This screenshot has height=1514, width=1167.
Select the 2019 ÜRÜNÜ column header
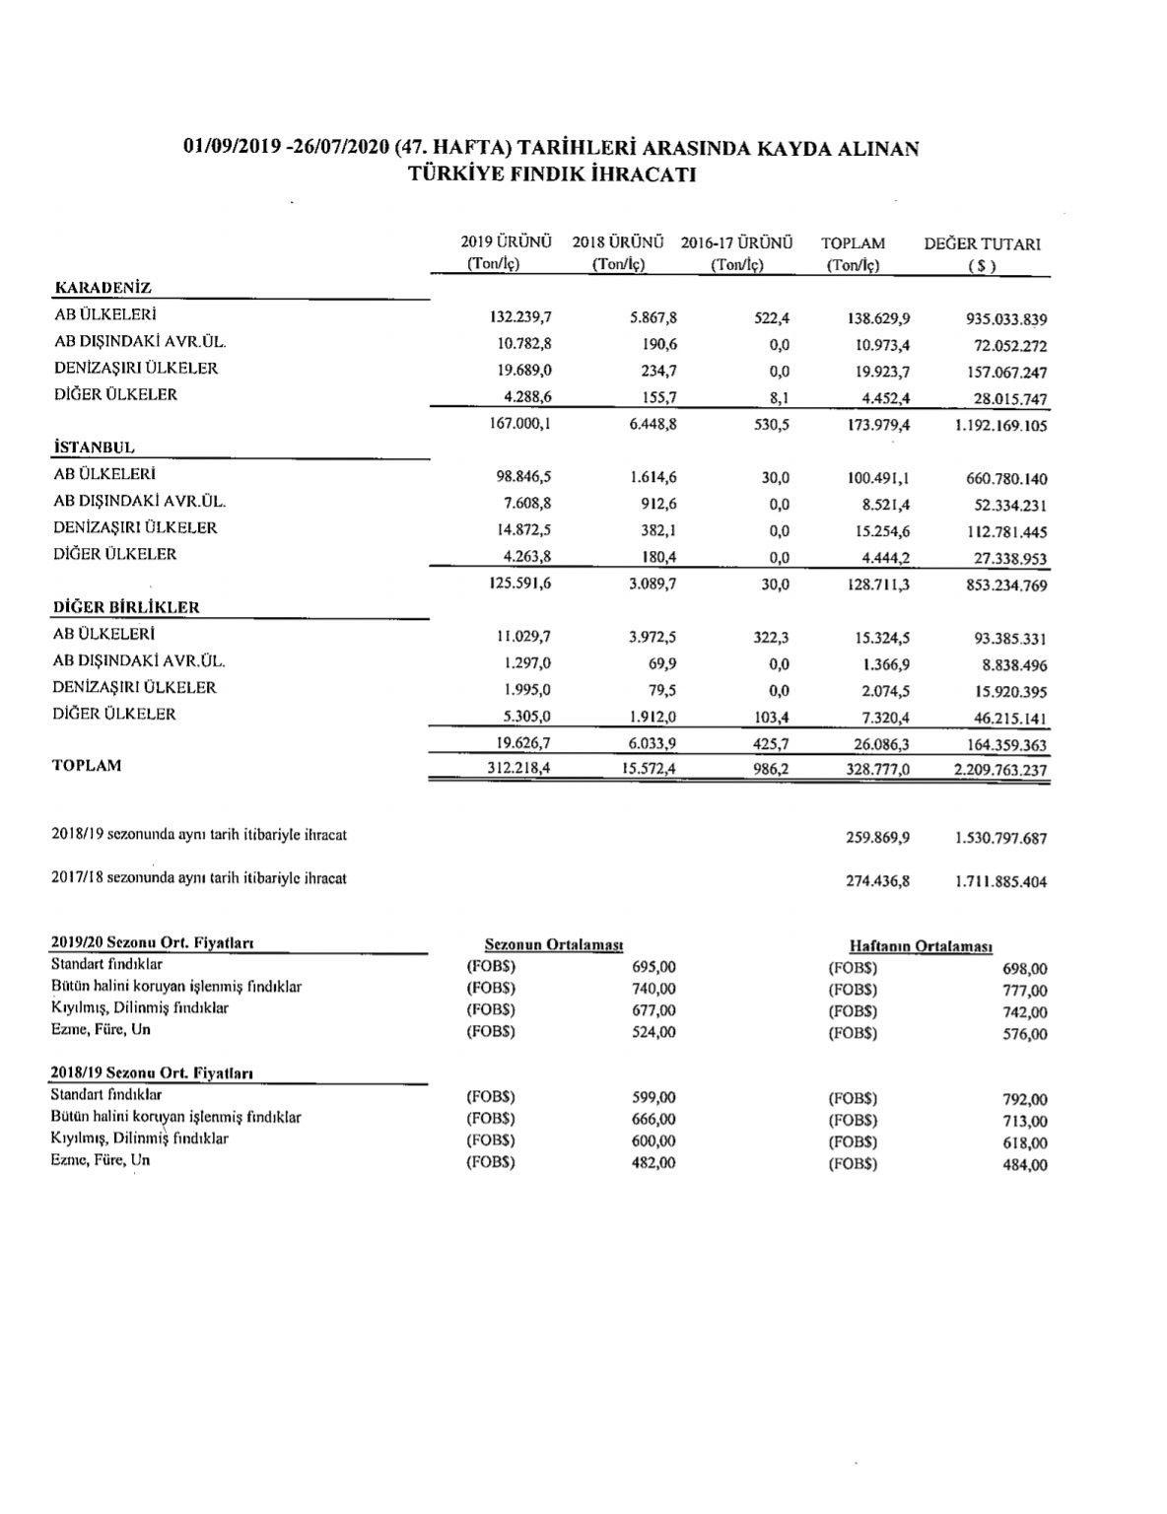click(506, 242)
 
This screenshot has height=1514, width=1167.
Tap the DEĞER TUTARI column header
click(982, 243)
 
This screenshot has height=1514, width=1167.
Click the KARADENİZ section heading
click(102, 288)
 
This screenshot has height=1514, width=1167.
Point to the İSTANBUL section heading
click(94, 447)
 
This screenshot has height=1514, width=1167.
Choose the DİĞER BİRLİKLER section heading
click(125, 607)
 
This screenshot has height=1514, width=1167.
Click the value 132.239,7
click(520, 318)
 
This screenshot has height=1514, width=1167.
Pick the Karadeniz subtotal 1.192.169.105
click(1000, 426)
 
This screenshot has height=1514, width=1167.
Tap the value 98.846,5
click(524, 478)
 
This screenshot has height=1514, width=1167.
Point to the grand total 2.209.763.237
click(1000, 770)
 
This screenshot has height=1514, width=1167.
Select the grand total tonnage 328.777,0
click(877, 770)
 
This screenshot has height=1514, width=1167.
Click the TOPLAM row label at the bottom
click(87, 765)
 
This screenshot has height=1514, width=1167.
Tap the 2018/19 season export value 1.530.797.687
click(1000, 839)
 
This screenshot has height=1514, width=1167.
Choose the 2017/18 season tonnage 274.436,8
click(877, 881)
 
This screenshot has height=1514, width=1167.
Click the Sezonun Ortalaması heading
click(554, 944)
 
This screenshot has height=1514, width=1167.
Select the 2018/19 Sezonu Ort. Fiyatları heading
click(153, 1073)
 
